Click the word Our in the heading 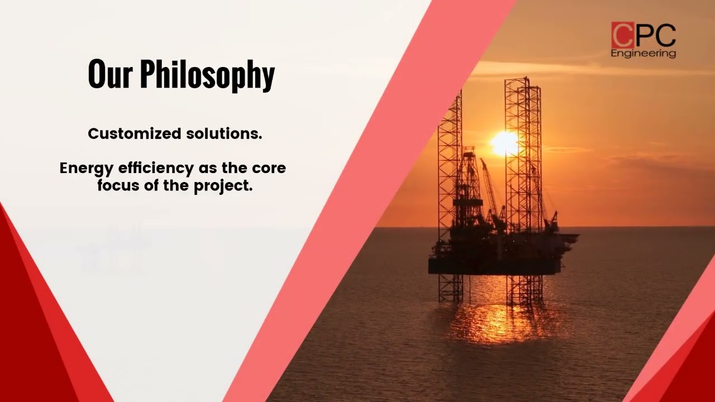tap(110, 74)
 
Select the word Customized tap(134, 134)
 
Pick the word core tap(269, 168)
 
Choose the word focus tap(118, 186)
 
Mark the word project tap(223, 186)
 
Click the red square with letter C tap(622, 35)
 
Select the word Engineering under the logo tap(643, 54)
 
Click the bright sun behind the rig tap(504, 143)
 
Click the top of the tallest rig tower tap(518, 80)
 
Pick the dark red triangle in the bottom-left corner tap(28, 335)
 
